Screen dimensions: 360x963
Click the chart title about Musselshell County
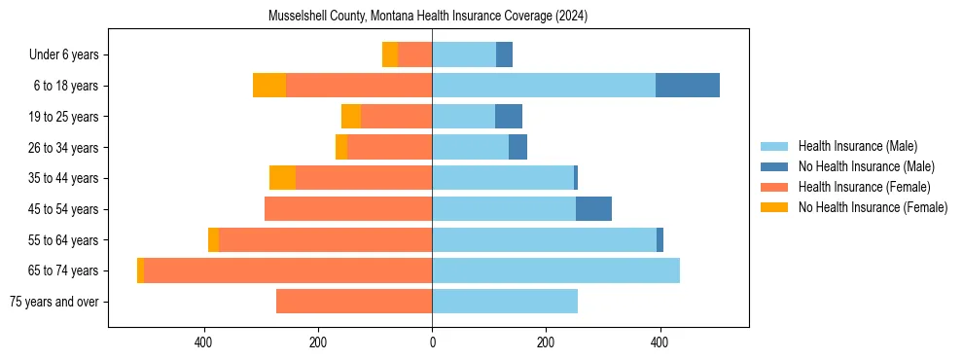point(428,17)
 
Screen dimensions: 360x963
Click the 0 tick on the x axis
point(432,342)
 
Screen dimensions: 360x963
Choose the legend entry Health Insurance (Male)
point(857,146)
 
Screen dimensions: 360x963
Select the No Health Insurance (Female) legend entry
point(873,207)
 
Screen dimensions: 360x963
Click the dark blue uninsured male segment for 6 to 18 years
point(688,86)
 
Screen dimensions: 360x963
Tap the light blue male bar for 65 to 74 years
point(555,270)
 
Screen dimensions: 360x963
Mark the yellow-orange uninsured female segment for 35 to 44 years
point(282,178)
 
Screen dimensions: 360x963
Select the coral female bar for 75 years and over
point(354,302)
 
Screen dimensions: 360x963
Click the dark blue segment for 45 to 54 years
point(593,209)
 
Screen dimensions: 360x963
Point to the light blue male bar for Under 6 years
point(464,55)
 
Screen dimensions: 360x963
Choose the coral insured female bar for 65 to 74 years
point(288,270)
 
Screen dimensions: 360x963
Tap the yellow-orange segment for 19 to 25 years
point(351,117)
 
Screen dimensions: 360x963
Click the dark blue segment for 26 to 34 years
point(517,148)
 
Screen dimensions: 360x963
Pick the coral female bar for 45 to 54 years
point(348,209)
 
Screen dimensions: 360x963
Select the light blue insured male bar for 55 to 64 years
point(544,240)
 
